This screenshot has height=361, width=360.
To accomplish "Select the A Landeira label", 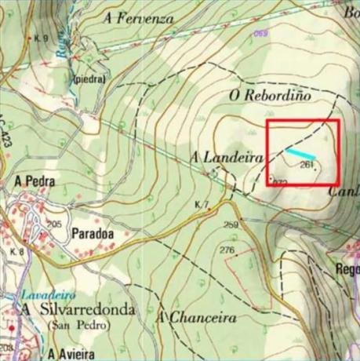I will [226, 157].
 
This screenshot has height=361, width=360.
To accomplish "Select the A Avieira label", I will [76, 352].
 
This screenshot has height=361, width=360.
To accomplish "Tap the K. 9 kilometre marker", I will [42, 38].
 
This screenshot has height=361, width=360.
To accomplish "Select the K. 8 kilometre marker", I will [17, 251].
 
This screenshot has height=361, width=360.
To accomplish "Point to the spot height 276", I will [227, 250].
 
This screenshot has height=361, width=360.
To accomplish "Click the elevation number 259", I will [230, 225].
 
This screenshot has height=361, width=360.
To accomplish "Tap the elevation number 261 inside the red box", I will [307, 164].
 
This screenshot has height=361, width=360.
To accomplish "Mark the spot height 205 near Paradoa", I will [54, 224].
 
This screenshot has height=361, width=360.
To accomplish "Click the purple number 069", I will [261, 33].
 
